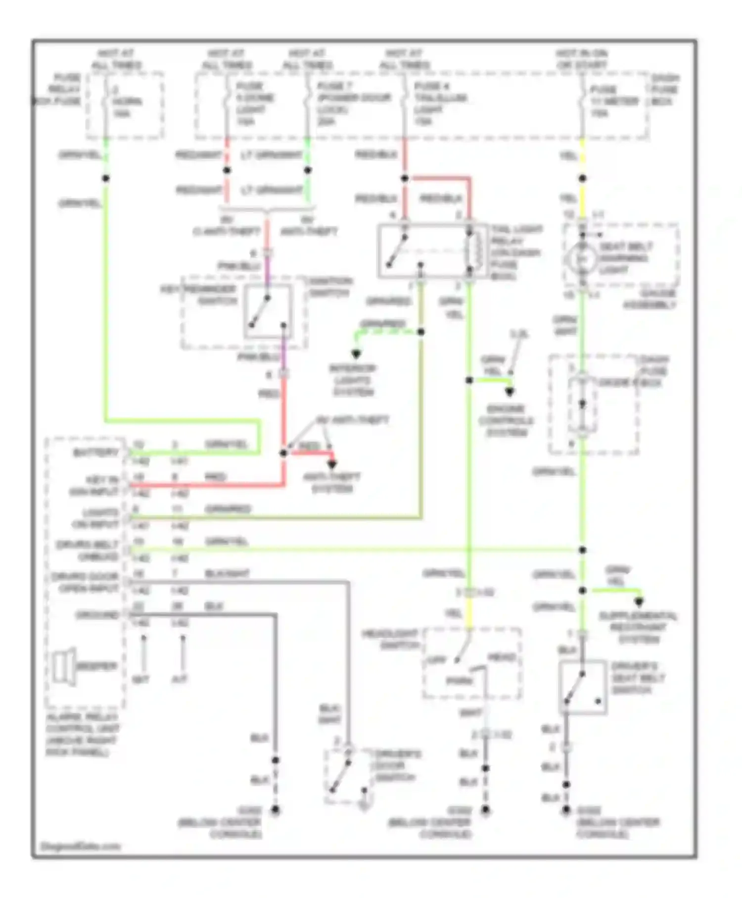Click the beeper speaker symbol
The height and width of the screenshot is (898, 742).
coord(64,666)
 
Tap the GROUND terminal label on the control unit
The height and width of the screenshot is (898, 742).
coord(97,615)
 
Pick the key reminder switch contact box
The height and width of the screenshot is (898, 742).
coord(268,311)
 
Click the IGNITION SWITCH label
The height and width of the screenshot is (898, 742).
coord(330,287)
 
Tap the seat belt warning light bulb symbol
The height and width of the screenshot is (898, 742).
coord(582,258)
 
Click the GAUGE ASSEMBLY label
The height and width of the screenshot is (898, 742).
coord(649,299)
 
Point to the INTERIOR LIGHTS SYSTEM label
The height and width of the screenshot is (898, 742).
coord(353,380)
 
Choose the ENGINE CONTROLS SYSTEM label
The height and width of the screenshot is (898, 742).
coord(506,420)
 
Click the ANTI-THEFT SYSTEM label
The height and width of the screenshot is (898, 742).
coord(331,483)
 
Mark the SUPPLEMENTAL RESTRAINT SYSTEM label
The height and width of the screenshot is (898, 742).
coord(639,627)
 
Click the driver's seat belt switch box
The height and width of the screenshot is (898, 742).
coord(583,687)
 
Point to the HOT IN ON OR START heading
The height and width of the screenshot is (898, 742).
coord(582,59)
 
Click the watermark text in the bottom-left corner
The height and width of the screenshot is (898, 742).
coord(80,846)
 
